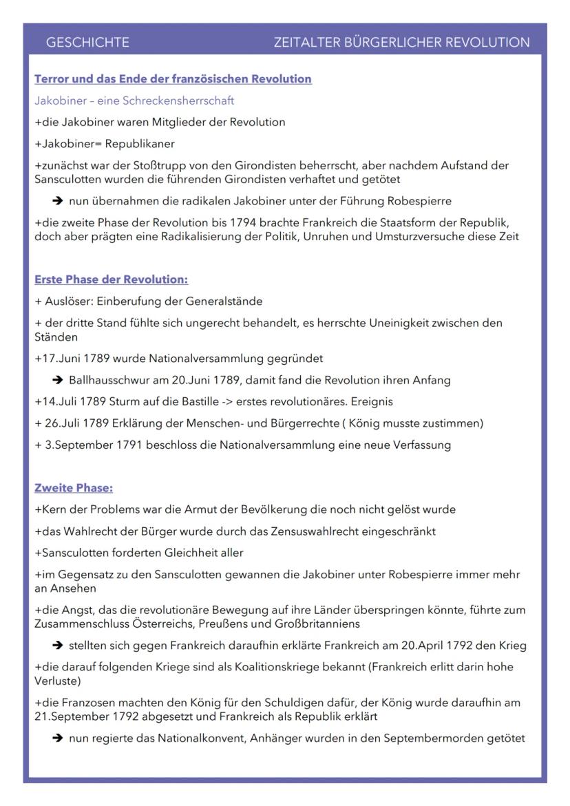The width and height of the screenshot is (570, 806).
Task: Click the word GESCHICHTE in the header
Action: pos(87,43)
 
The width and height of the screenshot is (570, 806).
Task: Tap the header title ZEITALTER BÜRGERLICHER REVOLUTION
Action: pos(401,43)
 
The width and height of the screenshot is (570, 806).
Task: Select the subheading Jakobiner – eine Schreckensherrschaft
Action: pos(134,100)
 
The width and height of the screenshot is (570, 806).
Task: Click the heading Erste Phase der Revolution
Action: pos(112,279)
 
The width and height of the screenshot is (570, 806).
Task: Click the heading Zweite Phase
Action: pos(74,488)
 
